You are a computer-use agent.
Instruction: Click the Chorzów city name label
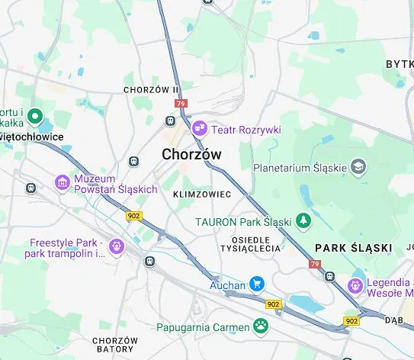pos(191,154)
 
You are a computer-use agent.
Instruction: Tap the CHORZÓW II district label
pos(150,90)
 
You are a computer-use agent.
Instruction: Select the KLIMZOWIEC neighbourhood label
pos(202,194)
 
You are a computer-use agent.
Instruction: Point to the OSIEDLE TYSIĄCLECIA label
pos(251,245)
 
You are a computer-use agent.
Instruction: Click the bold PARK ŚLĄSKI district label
pos(353,249)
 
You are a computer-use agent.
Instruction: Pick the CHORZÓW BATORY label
pos(114,344)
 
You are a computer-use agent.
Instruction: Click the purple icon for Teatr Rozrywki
pos(200,128)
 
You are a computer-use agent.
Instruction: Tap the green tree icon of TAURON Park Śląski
pos(304,221)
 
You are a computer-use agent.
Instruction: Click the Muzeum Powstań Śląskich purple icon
pos(62,183)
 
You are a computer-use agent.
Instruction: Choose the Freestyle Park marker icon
pos(116,246)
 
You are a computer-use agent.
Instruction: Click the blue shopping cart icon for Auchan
pos(258,284)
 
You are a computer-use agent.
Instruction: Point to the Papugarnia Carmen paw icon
pos(262,326)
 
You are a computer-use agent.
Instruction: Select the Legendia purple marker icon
pos(355,285)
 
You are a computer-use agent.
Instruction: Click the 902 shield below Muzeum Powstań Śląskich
pos(134,216)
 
